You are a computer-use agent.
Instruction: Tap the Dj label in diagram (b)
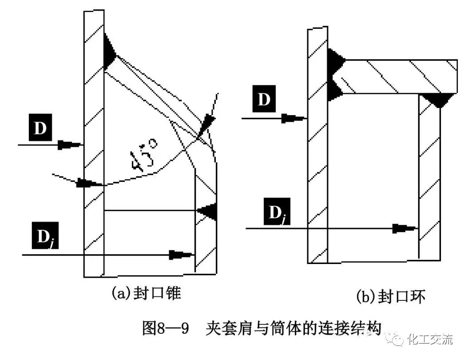[276, 211]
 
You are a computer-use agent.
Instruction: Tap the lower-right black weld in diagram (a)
[208, 211]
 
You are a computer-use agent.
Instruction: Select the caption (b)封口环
[391, 296]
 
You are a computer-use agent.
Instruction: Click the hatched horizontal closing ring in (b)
[395, 76]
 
